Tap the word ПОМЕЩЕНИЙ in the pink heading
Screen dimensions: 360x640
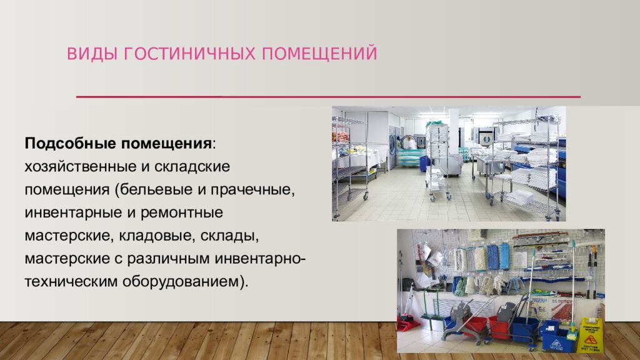319,54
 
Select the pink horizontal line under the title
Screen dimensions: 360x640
328,97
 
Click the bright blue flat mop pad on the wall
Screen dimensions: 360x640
492,257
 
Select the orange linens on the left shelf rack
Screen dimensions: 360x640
341,136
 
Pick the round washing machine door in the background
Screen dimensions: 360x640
484,136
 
